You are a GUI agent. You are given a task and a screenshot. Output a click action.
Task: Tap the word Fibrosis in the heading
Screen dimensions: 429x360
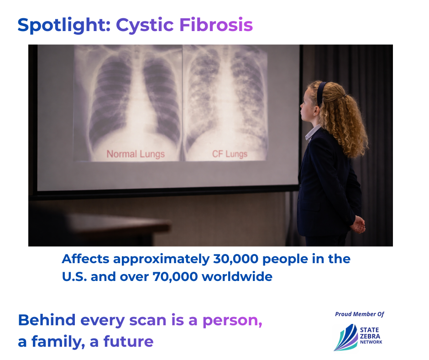tap(216, 25)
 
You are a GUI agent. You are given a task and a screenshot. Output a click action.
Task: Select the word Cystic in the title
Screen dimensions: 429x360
tap(145, 26)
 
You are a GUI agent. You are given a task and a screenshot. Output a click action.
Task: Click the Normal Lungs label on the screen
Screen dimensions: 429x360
tap(136, 154)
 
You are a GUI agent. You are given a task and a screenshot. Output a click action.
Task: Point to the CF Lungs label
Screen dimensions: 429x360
tap(230, 154)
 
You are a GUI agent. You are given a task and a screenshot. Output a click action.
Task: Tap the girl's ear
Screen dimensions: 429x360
tap(317, 111)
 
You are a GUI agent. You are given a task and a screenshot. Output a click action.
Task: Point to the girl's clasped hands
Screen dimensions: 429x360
tap(358, 224)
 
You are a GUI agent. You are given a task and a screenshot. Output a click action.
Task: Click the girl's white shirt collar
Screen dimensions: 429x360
tap(312, 133)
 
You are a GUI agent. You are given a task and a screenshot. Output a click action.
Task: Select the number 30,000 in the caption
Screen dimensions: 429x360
tap(235, 259)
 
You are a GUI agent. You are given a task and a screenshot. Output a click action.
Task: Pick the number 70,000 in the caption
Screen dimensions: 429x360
tap(175, 277)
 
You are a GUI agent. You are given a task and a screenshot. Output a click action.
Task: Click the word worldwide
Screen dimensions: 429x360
tap(237, 277)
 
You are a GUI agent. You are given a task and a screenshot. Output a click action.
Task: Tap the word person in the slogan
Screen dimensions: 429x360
tap(232, 321)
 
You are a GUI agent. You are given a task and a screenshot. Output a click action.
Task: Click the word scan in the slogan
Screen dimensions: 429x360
tap(148, 320)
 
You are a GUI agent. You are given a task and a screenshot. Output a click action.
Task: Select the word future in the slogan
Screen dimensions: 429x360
tap(128, 341)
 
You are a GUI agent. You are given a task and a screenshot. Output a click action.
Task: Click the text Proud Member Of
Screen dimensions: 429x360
tap(360, 314)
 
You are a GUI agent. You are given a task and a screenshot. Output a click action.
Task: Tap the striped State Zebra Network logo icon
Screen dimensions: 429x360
tap(346, 338)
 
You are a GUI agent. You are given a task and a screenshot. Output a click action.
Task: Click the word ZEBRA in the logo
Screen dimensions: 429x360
tap(370, 336)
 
